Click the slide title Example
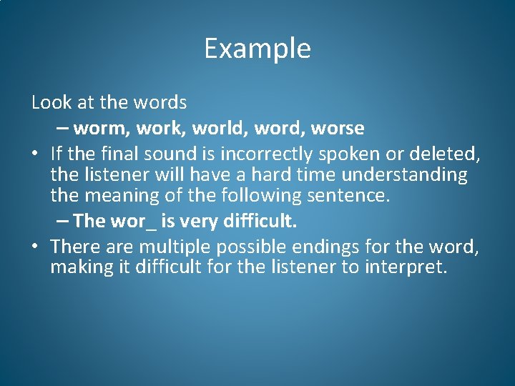[257, 49]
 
